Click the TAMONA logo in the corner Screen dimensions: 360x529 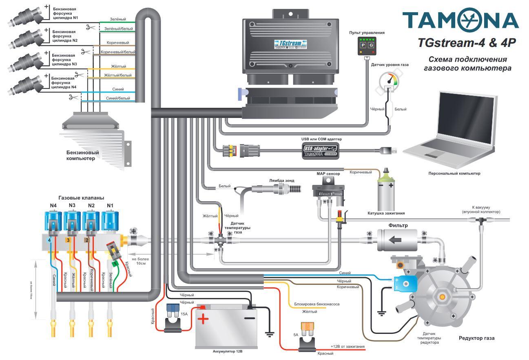[x=460, y=20]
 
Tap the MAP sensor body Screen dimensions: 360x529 [x=328, y=191]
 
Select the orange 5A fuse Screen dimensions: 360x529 [x=304, y=327]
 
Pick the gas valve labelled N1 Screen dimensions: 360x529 [x=110, y=223]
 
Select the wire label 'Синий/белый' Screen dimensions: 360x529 [x=118, y=98]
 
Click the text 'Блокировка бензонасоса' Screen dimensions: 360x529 [x=317, y=304]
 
